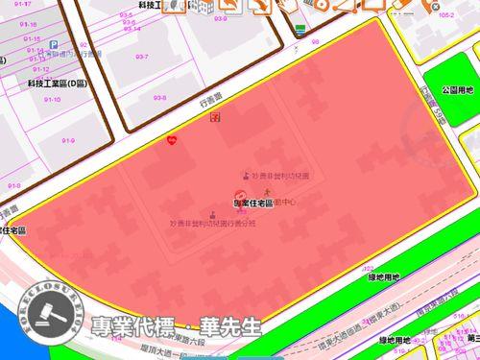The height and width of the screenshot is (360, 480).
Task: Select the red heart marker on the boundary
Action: pyautogui.click(x=172, y=139)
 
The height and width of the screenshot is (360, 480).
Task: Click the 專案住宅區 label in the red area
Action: pyautogui.click(x=252, y=203)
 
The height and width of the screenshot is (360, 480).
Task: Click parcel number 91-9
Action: pyautogui.click(x=68, y=141)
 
